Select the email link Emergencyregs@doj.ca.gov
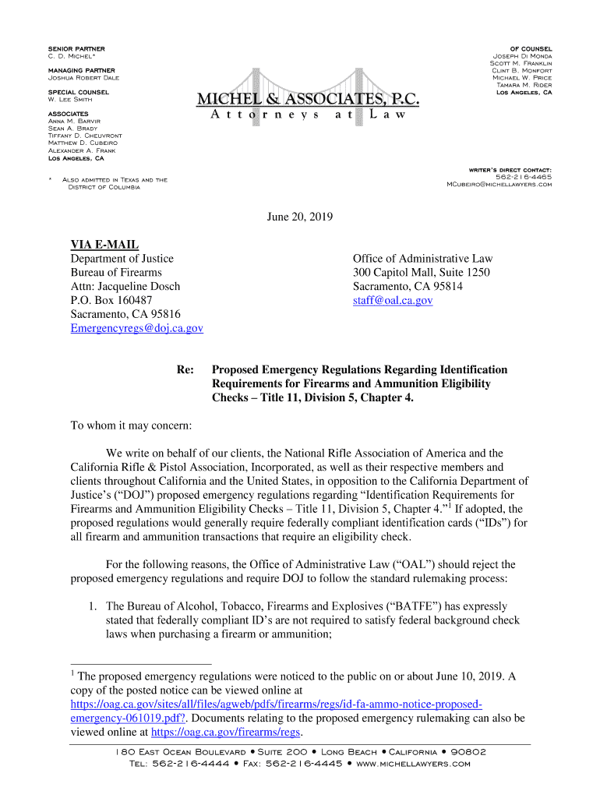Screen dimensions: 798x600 [136, 328]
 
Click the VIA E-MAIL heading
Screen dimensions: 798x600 [104, 245]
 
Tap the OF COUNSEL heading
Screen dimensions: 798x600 [531, 49]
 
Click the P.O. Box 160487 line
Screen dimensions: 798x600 [111, 300]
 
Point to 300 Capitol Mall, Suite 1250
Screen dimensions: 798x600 [421, 272]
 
